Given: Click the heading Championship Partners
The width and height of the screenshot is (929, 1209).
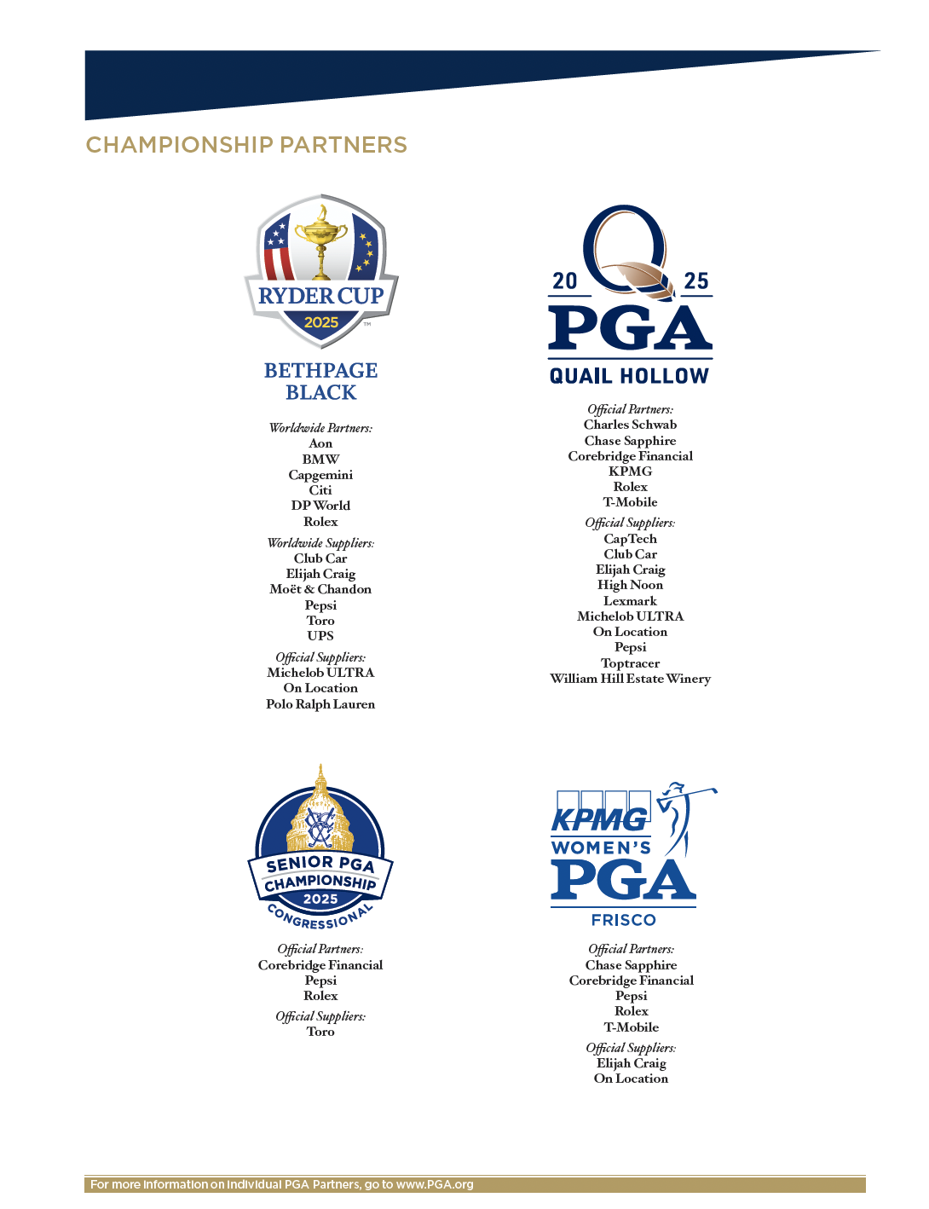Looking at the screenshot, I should pyautogui.click(x=246, y=145).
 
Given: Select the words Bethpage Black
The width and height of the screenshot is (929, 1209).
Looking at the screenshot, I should pyautogui.click(x=320, y=381).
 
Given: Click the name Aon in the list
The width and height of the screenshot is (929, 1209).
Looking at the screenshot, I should pyautogui.click(x=320, y=443).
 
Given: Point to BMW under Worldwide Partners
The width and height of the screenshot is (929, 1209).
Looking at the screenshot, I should pyautogui.click(x=320, y=459).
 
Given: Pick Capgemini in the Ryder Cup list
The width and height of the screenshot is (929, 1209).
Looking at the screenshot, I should pyautogui.click(x=320, y=475).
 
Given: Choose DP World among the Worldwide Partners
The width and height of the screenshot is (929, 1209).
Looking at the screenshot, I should pyautogui.click(x=320, y=506).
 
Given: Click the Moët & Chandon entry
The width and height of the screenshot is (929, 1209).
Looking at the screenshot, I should pyautogui.click(x=320, y=589).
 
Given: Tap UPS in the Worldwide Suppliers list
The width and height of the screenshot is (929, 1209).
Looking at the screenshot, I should pyautogui.click(x=320, y=636).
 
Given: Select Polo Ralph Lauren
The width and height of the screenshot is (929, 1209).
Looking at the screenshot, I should pyautogui.click(x=320, y=704).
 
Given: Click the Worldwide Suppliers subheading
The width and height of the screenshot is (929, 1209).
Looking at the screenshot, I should pyautogui.click(x=320, y=543).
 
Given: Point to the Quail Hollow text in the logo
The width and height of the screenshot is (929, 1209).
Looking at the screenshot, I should pyautogui.click(x=629, y=376).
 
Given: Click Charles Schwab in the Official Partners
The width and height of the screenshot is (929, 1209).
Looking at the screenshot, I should pyautogui.click(x=630, y=425).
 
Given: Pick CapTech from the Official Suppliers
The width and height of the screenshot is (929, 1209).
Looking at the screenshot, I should pyautogui.click(x=630, y=539).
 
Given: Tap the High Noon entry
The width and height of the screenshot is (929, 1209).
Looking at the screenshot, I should pyautogui.click(x=630, y=585).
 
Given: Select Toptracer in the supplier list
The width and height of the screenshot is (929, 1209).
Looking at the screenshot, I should pyautogui.click(x=630, y=663).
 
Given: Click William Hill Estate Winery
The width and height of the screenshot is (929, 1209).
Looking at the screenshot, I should pyautogui.click(x=630, y=679).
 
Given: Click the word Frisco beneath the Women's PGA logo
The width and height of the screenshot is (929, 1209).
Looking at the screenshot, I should pyautogui.click(x=624, y=920).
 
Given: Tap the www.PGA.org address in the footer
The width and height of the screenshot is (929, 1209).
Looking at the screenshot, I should pyautogui.click(x=435, y=1185).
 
